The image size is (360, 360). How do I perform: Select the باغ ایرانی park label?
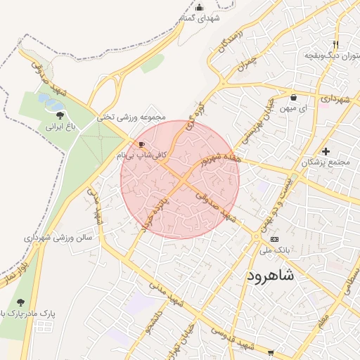point(60,127)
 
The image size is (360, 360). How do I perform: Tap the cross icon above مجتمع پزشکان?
point(325,150)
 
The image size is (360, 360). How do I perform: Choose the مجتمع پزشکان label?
point(325,162)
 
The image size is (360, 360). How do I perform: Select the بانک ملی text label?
point(274,250)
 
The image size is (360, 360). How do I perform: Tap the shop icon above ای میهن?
point(293,98)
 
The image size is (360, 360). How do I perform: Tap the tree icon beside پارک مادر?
point(20,302)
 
